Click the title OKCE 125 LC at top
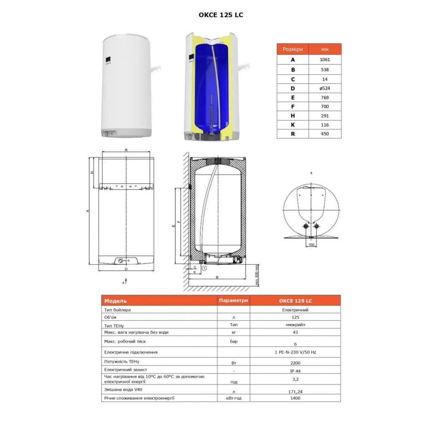point(221,15)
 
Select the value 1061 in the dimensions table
point(325,59)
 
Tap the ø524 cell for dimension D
point(325,88)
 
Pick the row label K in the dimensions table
point(293,125)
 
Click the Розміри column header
point(293,49)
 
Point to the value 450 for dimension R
point(325,134)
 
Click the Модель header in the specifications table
point(116,301)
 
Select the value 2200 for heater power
point(295,363)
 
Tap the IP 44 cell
point(295,371)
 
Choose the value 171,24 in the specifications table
point(295,391)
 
